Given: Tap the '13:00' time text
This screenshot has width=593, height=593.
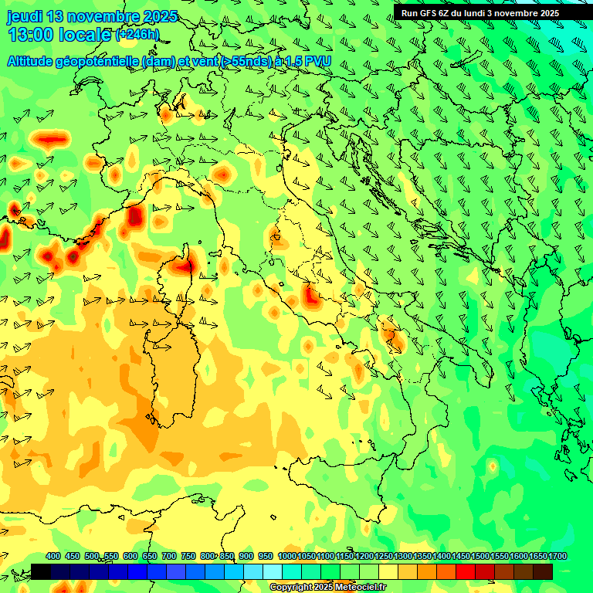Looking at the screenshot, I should point(32,35).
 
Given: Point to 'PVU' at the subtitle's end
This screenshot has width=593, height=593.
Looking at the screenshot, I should point(317,60).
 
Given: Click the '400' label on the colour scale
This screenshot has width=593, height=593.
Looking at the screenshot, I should point(53,556).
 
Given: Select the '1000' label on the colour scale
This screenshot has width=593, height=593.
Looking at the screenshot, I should point(286,556).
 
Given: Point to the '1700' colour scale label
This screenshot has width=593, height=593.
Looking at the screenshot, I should point(537,556).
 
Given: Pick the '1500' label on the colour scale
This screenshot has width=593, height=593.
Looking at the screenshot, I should point(480,556).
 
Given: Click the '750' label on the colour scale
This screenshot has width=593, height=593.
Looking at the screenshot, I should point(188,556).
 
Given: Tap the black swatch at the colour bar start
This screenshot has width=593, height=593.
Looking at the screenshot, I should point(41,571).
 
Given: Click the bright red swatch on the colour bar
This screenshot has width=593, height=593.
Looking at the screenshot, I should point(466,571).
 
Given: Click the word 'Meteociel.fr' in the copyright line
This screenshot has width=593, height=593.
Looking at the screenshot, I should point(361,588).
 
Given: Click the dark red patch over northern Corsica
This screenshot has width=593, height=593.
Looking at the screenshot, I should point(184,266).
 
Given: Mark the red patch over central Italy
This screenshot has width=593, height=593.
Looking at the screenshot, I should point(311,296).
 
